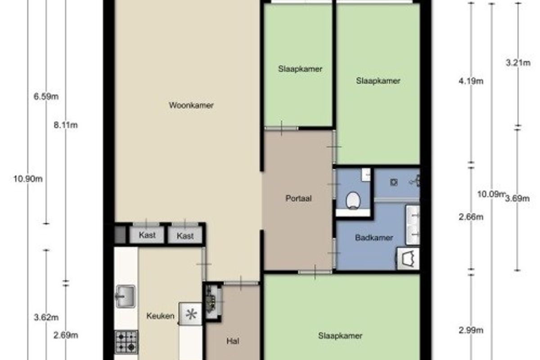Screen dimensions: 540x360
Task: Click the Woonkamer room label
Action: pyautogui.click(x=191, y=105)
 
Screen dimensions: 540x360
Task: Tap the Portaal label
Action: pyautogui.click(x=298, y=198)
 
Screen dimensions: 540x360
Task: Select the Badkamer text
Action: pyautogui.click(x=374, y=238)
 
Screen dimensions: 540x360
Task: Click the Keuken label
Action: pyautogui.click(x=160, y=316)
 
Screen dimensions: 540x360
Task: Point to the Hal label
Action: pyautogui.click(x=233, y=341)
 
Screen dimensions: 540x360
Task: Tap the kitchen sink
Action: pyautogui.click(x=126, y=297)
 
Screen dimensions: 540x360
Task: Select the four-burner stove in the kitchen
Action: pyautogui.click(x=126, y=342)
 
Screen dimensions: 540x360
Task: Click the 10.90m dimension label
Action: pyautogui.click(x=28, y=179)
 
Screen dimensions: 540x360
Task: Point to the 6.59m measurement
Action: pyautogui.click(x=46, y=97)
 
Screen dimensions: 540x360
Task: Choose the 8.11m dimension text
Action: pyautogui.click(x=66, y=126)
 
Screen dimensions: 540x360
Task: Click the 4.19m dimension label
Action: pyautogui.click(x=471, y=81)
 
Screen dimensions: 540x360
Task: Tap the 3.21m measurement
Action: pyautogui.click(x=518, y=63)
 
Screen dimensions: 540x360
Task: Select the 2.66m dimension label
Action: pyautogui.click(x=471, y=217)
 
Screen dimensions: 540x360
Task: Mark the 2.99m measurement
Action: pyautogui.click(x=471, y=330)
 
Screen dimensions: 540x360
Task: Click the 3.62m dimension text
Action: pyautogui.click(x=46, y=318)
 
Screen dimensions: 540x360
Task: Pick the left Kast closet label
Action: pyautogui.click(x=147, y=235)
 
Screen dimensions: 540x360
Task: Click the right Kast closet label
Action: pyautogui.click(x=185, y=236)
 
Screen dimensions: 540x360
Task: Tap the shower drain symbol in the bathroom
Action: pyautogui.click(x=394, y=182)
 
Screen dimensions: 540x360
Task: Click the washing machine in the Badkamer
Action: pyautogui.click(x=408, y=259)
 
